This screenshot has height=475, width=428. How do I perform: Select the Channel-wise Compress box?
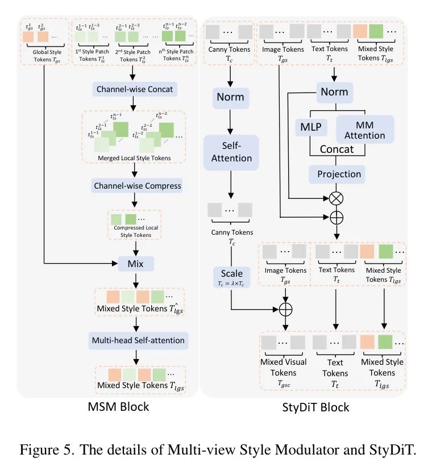(x=136, y=186)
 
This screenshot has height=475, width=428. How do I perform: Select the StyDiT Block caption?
(x=315, y=407)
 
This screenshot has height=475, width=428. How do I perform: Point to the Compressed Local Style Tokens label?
(x=136, y=231)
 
